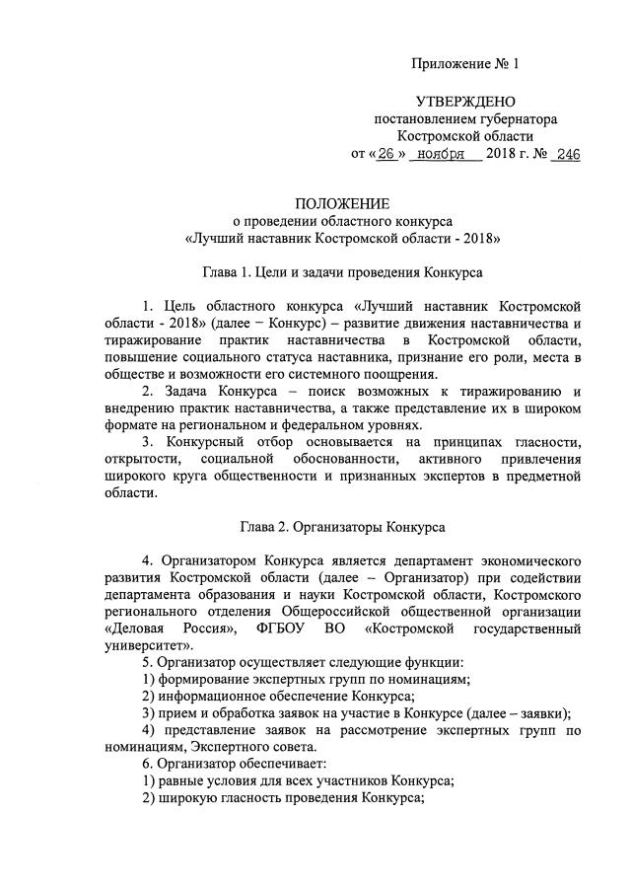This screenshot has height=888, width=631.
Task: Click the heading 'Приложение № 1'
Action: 464,64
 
